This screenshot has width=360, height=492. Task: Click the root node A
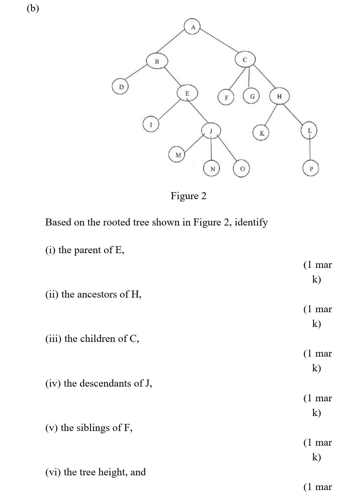click(x=193, y=27)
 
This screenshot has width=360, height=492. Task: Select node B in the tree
click(x=157, y=61)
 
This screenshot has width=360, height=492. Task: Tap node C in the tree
click(x=245, y=60)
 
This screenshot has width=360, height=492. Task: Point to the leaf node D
click(x=121, y=87)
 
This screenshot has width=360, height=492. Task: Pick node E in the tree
click(x=187, y=93)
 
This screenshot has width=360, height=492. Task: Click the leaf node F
click(x=226, y=98)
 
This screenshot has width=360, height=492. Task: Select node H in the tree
click(x=279, y=96)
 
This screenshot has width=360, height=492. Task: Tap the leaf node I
click(x=151, y=124)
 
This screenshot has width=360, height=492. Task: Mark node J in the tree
click(x=211, y=130)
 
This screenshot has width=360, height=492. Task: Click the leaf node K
click(x=261, y=133)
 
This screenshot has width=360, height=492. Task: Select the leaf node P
click(x=311, y=169)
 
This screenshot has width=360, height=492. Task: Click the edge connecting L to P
click(x=310, y=149)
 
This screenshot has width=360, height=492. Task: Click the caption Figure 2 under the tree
click(x=188, y=195)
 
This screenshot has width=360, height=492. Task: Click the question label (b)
click(x=33, y=8)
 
